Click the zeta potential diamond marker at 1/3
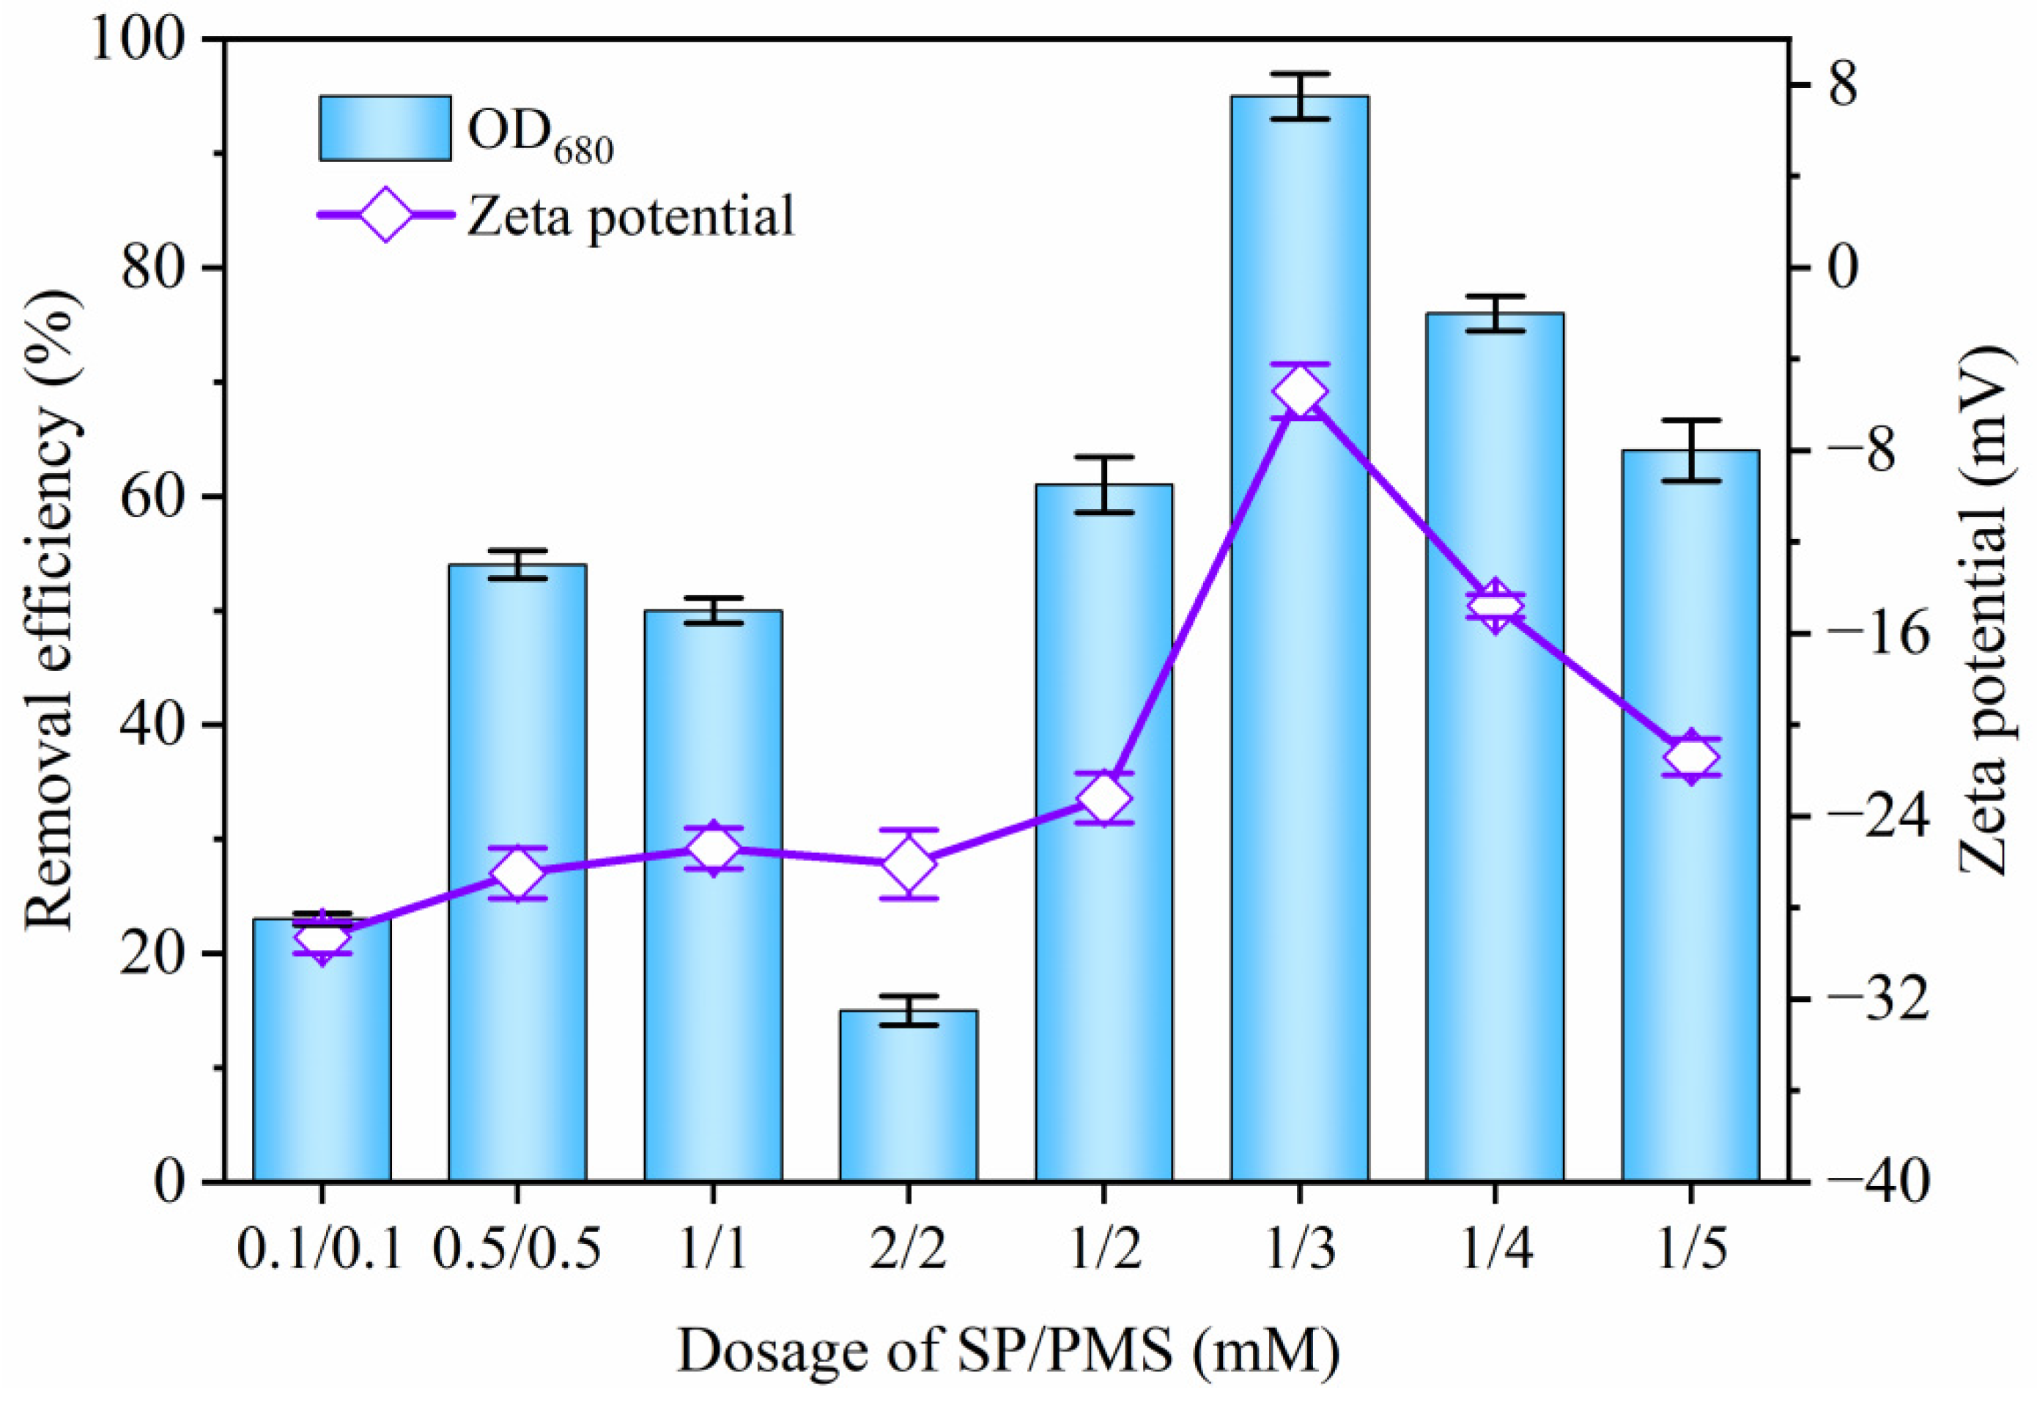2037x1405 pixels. point(1299,392)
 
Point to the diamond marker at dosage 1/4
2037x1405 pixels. point(1495,606)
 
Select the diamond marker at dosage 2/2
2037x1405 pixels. point(908,864)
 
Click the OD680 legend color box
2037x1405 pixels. point(385,128)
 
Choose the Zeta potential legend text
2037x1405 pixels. point(630,215)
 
